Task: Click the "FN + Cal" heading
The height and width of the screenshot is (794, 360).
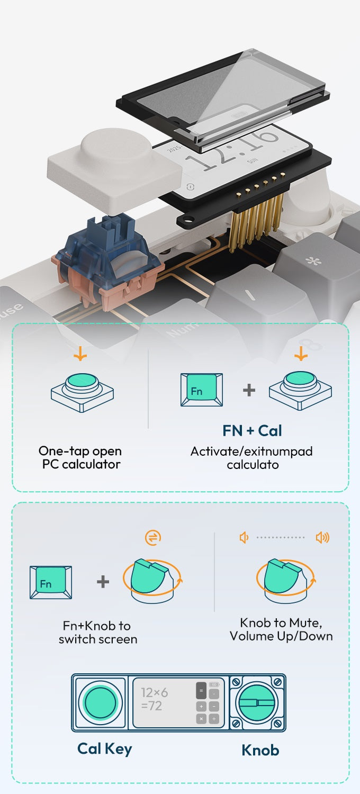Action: [252, 431]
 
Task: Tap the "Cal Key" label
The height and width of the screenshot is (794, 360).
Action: [104, 748]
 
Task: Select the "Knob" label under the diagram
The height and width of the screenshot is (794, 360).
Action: [260, 750]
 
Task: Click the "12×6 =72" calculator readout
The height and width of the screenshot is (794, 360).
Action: [154, 699]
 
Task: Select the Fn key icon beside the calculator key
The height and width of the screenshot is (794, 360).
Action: [202, 390]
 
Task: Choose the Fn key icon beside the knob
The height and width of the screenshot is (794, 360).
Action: [50, 582]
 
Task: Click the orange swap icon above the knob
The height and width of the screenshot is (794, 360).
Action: [152, 538]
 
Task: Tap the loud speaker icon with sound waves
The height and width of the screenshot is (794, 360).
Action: [322, 538]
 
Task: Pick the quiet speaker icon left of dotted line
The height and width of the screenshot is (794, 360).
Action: [244, 538]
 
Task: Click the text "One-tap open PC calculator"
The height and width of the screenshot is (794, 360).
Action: [80, 458]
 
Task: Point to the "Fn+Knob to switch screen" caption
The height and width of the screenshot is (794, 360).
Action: [97, 633]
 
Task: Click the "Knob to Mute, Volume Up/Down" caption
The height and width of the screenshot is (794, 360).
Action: [281, 629]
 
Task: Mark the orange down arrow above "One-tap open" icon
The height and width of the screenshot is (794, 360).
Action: [80, 354]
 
